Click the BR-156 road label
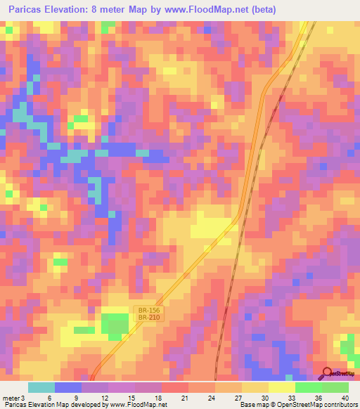click(147, 309)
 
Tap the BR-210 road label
click(147, 318)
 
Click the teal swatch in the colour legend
click(41, 387)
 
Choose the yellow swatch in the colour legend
click(281, 387)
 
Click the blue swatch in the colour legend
click(67, 387)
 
